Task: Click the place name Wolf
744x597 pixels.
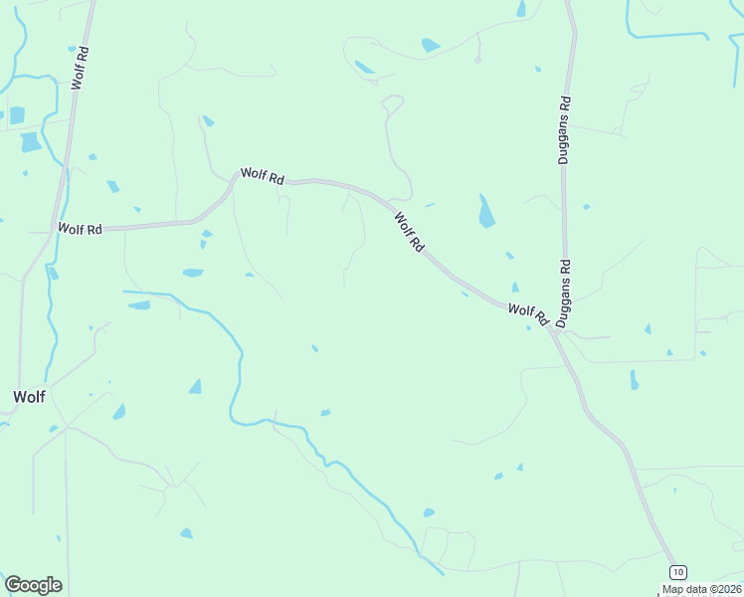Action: click(x=29, y=396)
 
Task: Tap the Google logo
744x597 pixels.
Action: click(x=33, y=585)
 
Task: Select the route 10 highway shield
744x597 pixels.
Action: click(x=677, y=572)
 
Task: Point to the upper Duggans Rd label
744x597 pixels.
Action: click(x=564, y=129)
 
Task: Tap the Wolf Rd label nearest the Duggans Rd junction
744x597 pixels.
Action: click(x=528, y=314)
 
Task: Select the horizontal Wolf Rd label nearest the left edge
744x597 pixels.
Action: click(x=80, y=229)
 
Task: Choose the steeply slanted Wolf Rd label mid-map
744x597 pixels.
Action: click(x=409, y=232)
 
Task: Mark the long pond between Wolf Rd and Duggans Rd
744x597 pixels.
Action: click(x=485, y=211)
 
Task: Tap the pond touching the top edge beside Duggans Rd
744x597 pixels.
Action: click(x=521, y=8)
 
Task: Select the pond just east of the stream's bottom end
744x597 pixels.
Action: click(x=429, y=512)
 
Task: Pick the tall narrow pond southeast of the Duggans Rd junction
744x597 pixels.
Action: click(x=634, y=379)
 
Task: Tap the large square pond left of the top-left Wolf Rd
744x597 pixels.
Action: click(x=30, y=141)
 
